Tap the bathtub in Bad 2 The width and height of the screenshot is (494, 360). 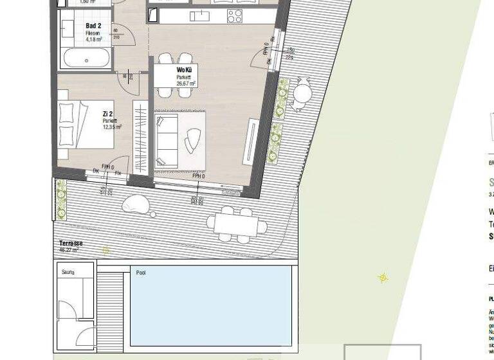point(86,59)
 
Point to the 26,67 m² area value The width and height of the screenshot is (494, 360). point(186,84)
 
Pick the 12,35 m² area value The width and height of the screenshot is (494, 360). point(111,127)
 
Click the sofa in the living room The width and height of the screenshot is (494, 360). point(166,139)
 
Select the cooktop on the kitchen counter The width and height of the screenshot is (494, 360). point(235,16)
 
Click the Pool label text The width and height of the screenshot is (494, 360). point(141,273)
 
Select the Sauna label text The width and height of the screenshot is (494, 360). point(68,273)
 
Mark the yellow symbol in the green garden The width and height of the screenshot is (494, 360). point(382,278)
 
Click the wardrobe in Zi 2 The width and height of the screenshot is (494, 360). point(140,137)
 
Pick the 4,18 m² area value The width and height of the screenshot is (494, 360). point(94,39)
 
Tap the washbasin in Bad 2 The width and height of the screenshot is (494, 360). point(68,29)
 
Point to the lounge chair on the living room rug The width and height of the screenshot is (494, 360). point(193,139)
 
